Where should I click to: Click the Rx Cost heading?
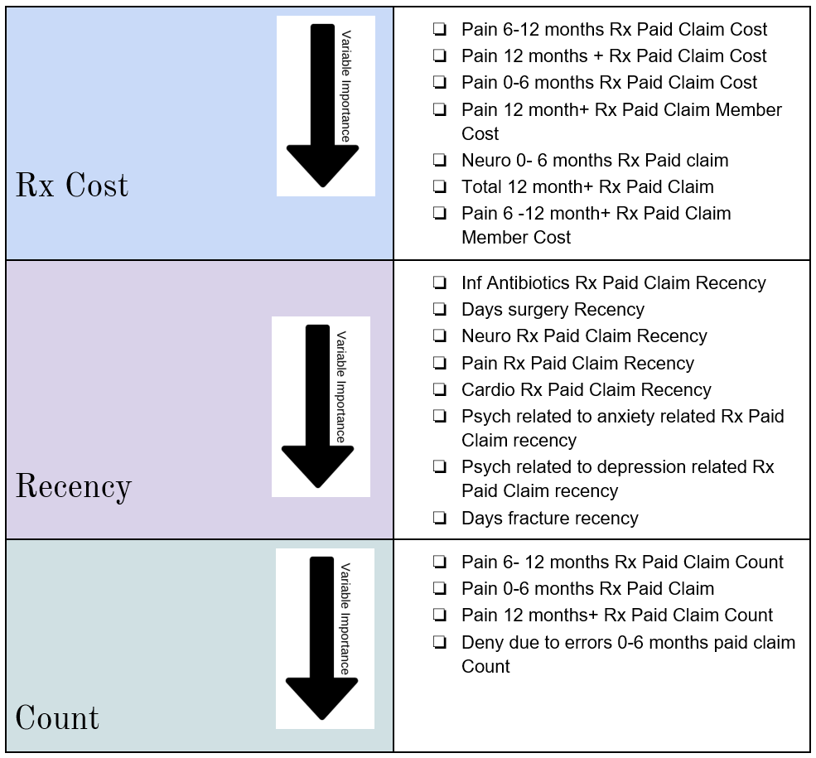pos(72,186)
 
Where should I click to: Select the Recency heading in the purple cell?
pos(74,486)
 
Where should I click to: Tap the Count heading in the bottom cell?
pos(57,718)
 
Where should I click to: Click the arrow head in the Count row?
pos(321,698)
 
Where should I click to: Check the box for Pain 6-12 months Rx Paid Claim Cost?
pos(440,29)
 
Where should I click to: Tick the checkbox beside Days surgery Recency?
pos(440,310)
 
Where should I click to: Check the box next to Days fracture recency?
pos(440,518)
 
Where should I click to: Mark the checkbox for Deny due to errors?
pos(440,643)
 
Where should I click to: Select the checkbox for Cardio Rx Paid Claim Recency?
pos(440,389)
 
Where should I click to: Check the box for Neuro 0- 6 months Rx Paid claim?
pos(440,160)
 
